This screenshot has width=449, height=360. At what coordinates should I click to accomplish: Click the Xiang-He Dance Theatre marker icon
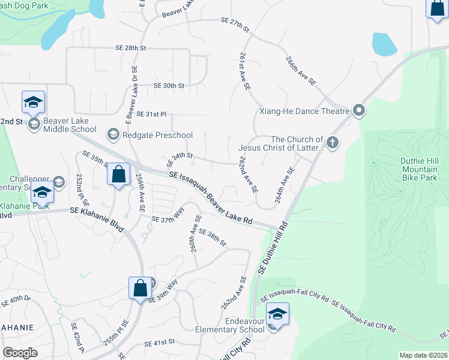(x=359, y=110)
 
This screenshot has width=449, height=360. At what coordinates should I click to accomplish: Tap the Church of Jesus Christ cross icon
(x=332, y=143)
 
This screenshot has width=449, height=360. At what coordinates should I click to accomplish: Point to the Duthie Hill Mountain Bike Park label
(x=419, y=169)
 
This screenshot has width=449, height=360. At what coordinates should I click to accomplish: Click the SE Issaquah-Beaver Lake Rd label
(x=211, y=198)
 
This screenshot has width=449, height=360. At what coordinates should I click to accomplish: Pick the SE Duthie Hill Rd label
(x=273, y=249)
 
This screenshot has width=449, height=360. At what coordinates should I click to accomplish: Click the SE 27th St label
(x=235, y=25)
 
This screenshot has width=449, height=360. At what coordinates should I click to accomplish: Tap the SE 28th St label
(x=131, y=47)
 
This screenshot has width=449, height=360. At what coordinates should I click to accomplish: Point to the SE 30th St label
(x=168, y=86)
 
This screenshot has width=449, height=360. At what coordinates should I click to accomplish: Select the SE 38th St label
(x=212, y=238)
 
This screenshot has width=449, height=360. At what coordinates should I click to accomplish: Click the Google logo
(x=20, y=353)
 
